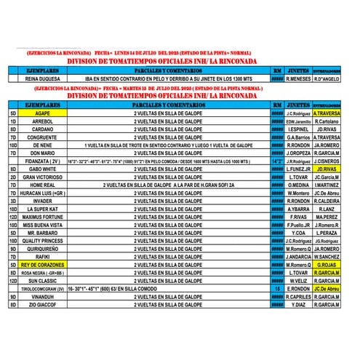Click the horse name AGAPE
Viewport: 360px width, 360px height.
(x=42, y=113)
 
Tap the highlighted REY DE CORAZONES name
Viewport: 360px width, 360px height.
(x=42, y=265)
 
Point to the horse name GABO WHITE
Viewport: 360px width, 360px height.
(x=42, y=168)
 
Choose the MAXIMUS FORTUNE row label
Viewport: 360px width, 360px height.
(x=42, y=217)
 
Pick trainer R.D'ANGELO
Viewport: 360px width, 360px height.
(x=327, y=79)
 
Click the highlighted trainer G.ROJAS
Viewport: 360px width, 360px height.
(x=327, y=265)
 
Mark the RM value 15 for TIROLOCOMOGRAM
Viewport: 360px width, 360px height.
(x=277, y=289)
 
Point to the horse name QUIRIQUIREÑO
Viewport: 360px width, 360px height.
(x=42, y=249)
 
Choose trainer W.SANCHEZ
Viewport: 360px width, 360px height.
(x=327, y=257)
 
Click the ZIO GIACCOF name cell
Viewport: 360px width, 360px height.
(x=42, y=305)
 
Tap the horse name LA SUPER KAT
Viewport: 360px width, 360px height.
(x=42, y=209)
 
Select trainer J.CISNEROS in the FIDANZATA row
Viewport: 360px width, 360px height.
(x=327, y=161)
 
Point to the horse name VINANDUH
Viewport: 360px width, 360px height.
(x=42, y=297)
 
